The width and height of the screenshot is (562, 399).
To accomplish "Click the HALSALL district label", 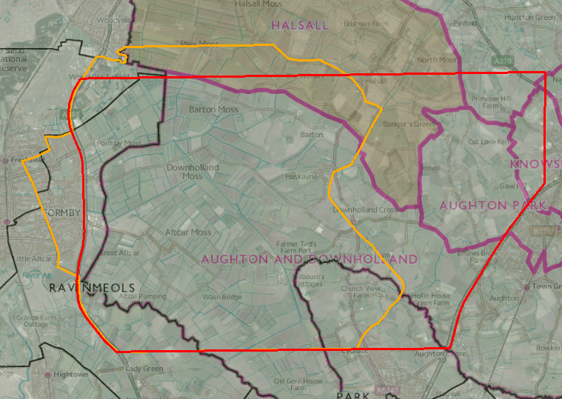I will coord(299,25).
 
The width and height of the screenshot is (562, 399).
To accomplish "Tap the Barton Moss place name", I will coord(213,110).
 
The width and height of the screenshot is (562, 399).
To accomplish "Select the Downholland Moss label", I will coord(193,172).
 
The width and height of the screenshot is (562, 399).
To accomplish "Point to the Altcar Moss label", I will coord(188,232).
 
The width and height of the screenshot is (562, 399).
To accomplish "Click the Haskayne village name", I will coord(302,177).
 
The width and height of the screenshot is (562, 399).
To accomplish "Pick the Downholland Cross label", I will coord(364,209).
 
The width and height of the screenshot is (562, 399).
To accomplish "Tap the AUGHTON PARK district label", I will coord(492,205).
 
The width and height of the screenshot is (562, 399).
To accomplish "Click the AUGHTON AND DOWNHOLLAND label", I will coord(310,259).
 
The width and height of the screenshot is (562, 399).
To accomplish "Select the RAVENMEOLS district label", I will coord(92,287).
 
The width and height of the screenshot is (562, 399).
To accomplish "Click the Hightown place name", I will coord(70,375).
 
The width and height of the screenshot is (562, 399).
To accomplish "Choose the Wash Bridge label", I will coord(222,297).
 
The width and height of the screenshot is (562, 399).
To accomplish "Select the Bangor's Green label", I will coord(401,124).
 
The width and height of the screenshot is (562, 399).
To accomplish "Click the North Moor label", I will coord(437,60).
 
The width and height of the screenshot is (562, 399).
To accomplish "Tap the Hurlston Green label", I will coord(529,17).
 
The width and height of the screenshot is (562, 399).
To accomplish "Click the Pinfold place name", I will coord(465,23).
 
